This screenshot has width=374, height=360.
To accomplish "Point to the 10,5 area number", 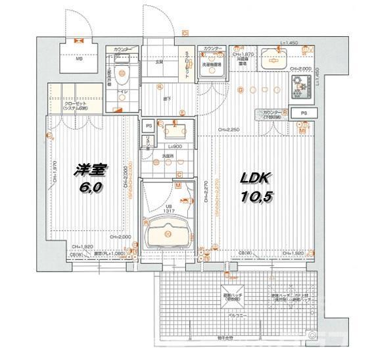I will point(257,195).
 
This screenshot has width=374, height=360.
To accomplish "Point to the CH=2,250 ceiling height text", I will point(229,129).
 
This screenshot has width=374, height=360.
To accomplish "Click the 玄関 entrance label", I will point(159,63).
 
